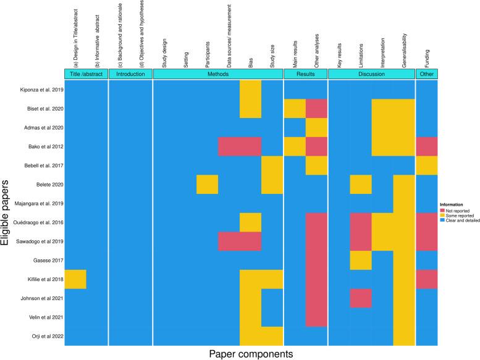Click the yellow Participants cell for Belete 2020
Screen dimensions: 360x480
(x=207, y=184)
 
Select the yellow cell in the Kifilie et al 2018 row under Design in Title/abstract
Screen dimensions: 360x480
(x=75, y=279)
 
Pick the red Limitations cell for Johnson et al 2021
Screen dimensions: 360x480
(x=361, y=298)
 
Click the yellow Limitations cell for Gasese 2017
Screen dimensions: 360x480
(x=361, y=260)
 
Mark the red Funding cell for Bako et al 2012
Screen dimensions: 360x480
(x=426, y=146)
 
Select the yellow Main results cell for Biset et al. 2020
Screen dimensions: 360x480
(x=295, y=109)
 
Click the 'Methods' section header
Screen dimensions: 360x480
(x=218, y=74)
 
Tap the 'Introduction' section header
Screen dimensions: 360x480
(x=130, y=74)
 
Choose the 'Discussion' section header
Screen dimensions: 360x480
(x=371, y=74)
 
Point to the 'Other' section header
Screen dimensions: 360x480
(x=426, y=74)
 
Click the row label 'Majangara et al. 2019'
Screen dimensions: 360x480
(x=36, y=203)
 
